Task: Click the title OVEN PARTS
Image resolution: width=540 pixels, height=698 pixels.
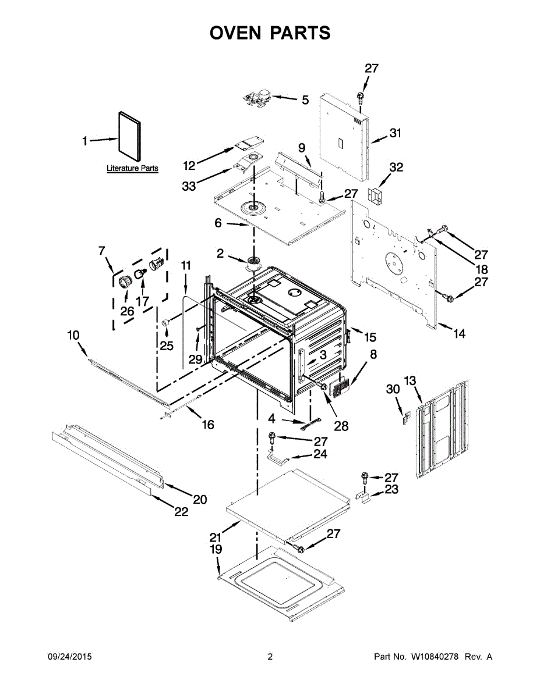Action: (x=270, y=33)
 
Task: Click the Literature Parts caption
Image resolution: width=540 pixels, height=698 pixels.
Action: (x=132, y=169)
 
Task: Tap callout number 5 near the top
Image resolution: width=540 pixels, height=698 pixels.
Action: (x=305, y=100)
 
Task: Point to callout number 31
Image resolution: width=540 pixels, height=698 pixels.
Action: (x=396, y=133)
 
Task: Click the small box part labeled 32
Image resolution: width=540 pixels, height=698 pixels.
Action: (x=377, y=195)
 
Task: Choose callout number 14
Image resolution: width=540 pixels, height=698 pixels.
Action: (x=460, y=334)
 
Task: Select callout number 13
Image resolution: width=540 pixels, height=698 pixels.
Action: (x=410, y=380)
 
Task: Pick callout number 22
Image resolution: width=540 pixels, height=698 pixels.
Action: (x=181, y=512)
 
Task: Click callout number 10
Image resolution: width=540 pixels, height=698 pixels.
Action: (x=73, y=336)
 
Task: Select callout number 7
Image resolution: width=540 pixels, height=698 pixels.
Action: (x=101, y=251)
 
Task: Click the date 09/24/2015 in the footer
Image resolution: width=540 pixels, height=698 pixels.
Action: (x=69, y=657)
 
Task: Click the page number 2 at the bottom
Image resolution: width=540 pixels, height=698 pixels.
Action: (x=270, y=657)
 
